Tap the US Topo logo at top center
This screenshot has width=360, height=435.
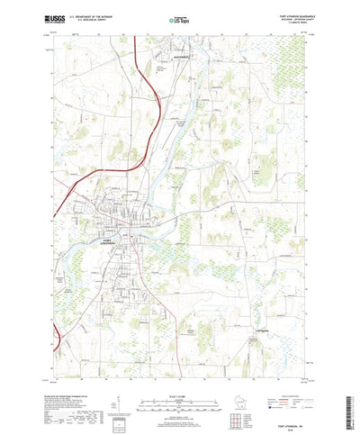coord(180,19)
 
